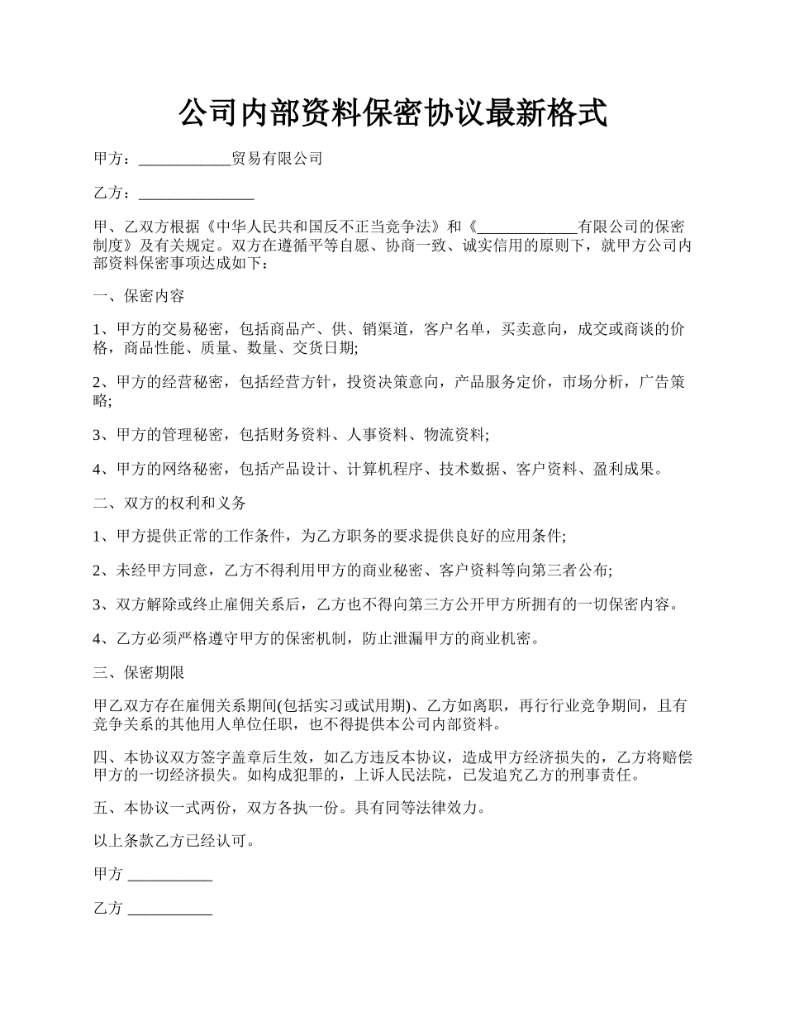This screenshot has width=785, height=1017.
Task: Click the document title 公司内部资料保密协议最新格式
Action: pos(392,113)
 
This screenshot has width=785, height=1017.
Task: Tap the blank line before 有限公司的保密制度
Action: pos(528,227)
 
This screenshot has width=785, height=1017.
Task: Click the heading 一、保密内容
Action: pos(139,296)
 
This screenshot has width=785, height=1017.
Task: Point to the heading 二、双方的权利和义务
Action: pos(169,503)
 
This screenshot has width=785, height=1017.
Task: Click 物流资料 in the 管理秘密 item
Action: pos(454,434)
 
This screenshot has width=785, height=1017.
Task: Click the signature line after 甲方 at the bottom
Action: pos(171,875)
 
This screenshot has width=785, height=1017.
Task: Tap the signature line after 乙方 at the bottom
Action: pos(171,910)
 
